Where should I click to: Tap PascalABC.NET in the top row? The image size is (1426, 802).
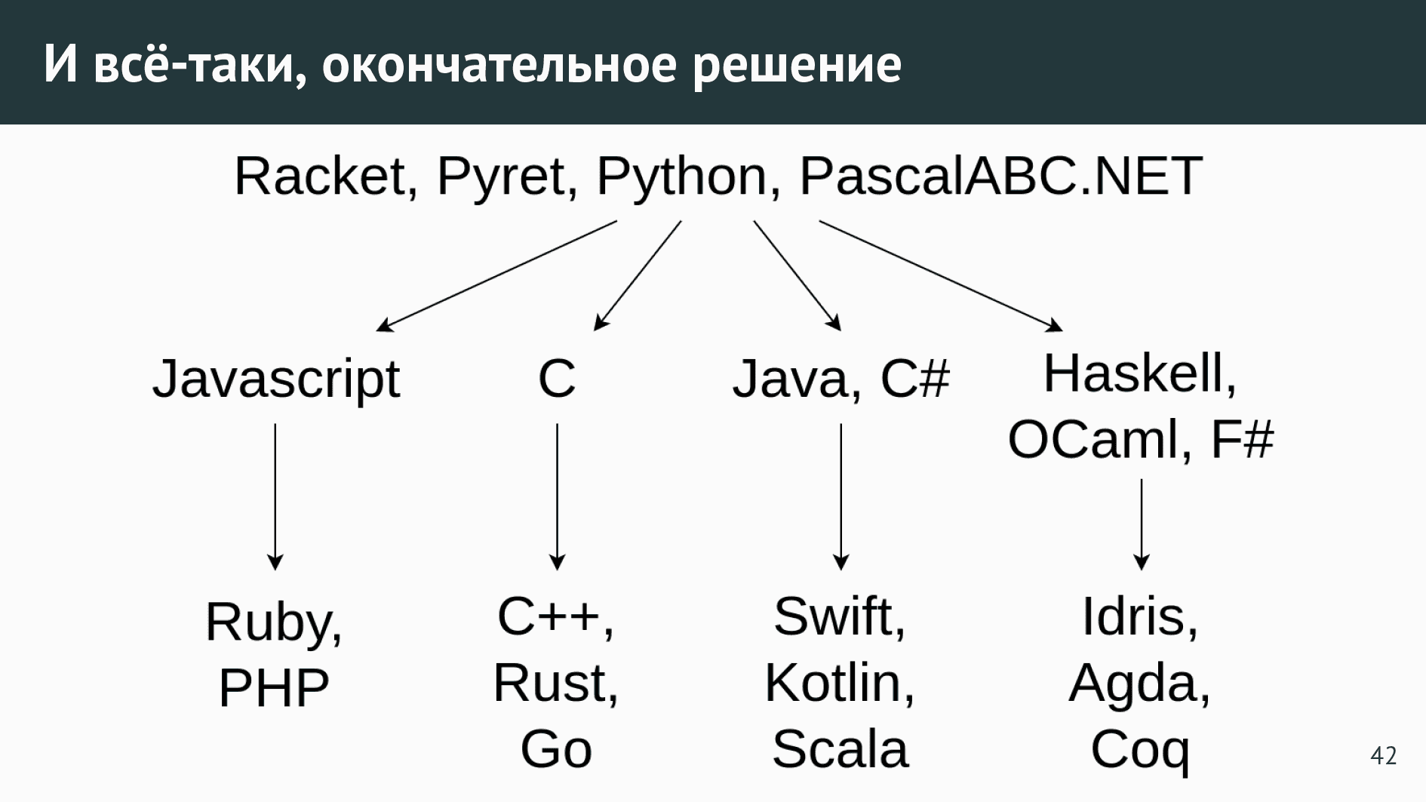click(x=1000, y=176)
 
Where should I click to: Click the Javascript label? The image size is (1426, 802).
click(x=276, y=379)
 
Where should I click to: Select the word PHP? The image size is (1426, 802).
click(x=274, y=687)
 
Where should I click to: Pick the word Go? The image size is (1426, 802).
click(x=556, y=749)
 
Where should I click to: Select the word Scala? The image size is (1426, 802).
click(x=840, y=749)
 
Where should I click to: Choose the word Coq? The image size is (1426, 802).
click(x=1140, y=751)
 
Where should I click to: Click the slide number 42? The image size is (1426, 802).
click(x=1383, y=755)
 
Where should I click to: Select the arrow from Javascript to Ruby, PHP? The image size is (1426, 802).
click(x=275, y=496)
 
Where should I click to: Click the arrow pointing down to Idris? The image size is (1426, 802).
click(x=1142, y=524)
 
